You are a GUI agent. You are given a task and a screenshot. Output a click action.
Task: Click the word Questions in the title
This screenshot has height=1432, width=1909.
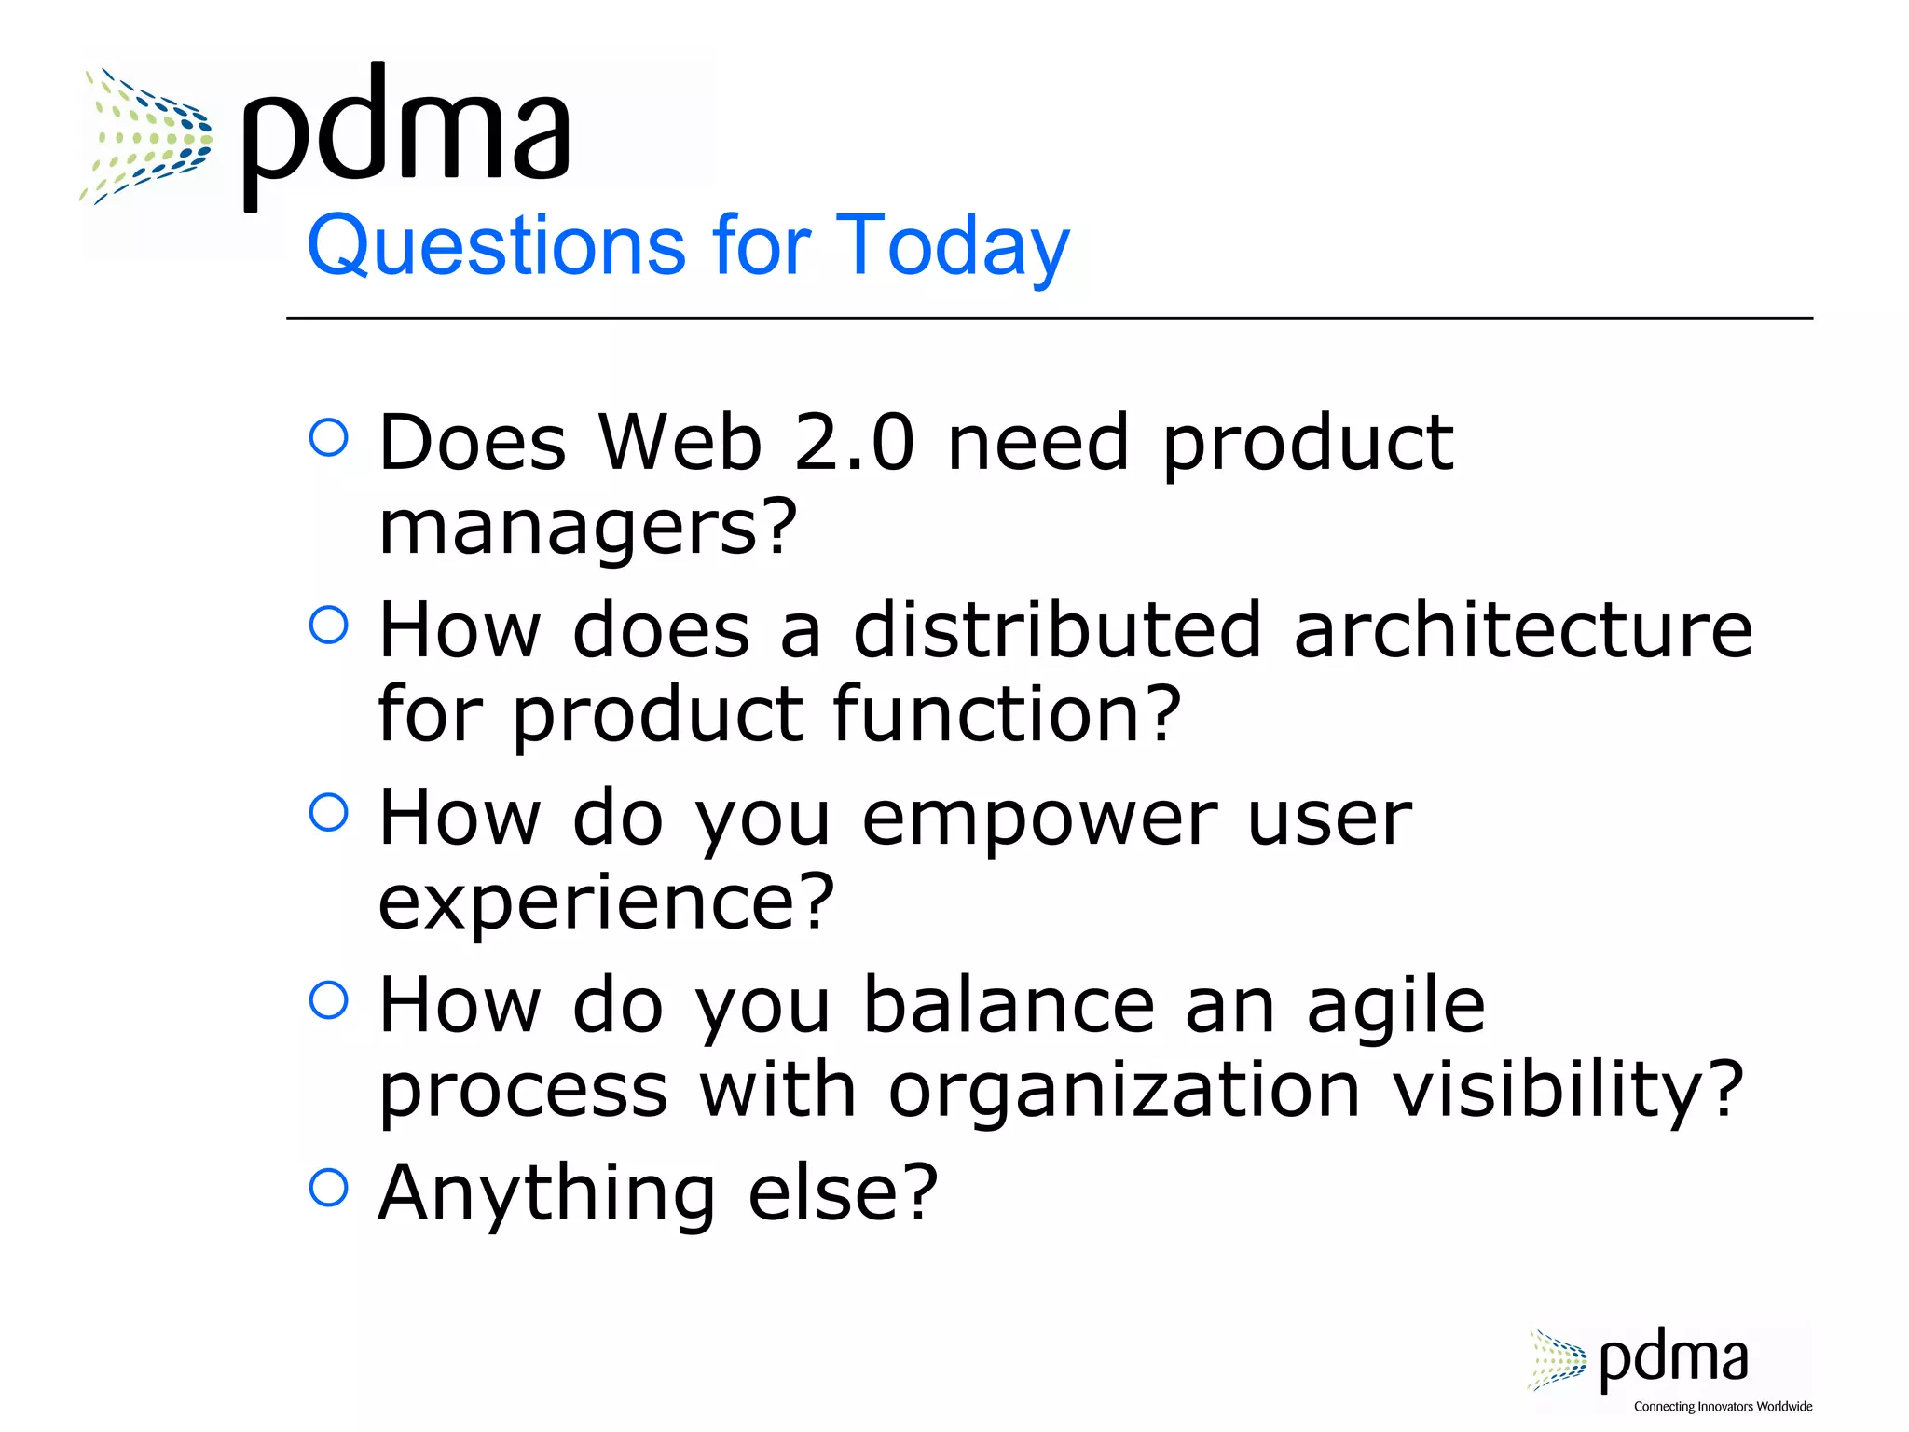(x=495, y=245)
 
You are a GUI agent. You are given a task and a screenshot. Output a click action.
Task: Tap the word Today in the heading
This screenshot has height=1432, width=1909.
(x=953, y=245)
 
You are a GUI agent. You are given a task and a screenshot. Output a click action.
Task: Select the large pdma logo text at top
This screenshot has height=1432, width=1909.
(x=406, y=131)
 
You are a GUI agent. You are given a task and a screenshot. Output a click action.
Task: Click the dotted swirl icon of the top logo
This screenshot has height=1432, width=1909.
(x=146, y=136)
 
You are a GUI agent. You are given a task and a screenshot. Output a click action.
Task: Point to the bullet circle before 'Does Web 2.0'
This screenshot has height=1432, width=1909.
(x=328, y=437)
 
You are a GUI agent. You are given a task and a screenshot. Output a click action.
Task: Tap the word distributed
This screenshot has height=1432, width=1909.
(x=1057, y=629)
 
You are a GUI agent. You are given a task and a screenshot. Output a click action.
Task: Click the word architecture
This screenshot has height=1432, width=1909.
(x=1523, y=629)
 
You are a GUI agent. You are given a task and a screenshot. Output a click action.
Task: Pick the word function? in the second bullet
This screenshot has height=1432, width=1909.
(x=1007, y=714)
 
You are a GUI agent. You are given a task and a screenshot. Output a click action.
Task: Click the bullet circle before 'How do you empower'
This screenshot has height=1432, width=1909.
(x=328, y=812)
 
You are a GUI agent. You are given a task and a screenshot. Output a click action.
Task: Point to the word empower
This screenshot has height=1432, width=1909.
(x=1039, y=819)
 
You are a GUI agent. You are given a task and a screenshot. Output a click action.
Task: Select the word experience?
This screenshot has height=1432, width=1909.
(x=606, y=902)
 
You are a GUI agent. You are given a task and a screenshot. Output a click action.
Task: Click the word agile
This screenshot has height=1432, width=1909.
(x=1395, y=1007)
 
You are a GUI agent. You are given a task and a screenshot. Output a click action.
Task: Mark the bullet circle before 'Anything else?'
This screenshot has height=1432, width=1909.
(x=328, y=1188)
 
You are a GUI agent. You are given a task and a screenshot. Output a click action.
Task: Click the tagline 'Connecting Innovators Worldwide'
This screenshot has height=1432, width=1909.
(x=1723, y=1407)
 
